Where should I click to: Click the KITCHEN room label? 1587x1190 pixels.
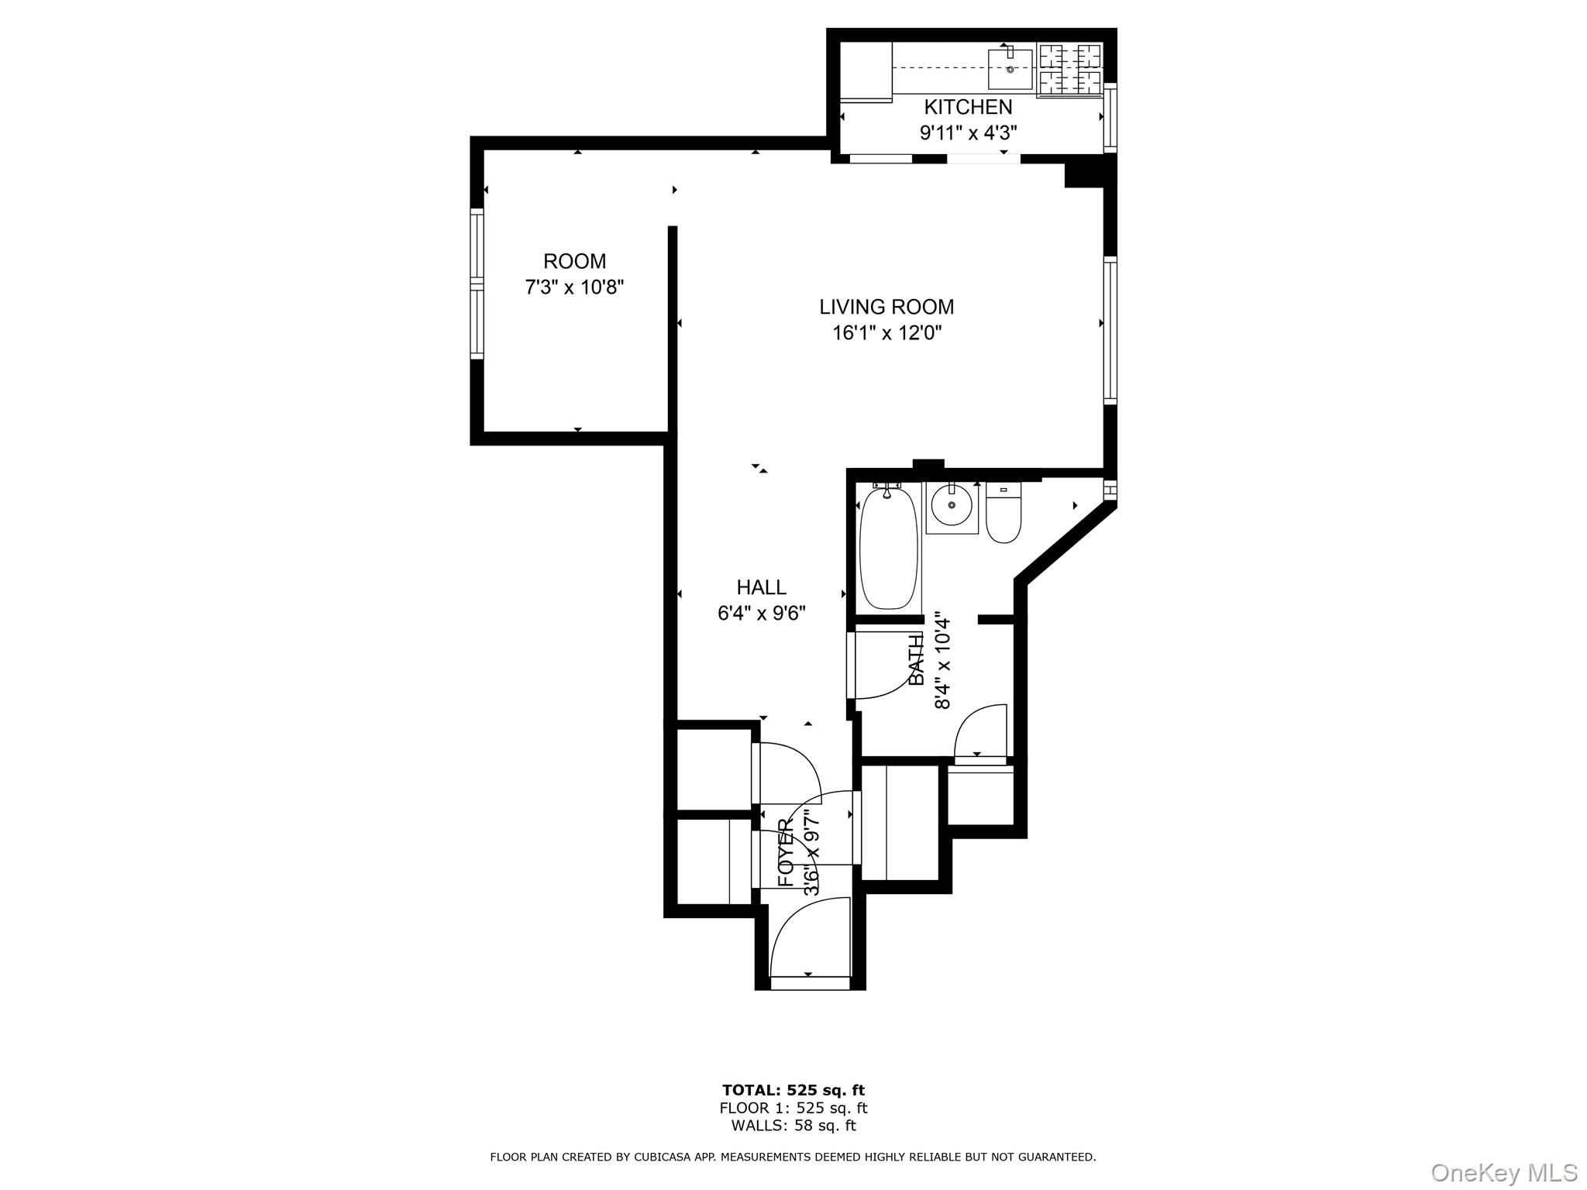click(968, 107)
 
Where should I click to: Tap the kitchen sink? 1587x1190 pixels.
click(1010, 68)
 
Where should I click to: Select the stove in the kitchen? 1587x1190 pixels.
click(1069, 70)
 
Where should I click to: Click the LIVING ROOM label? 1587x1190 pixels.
click(886, 307)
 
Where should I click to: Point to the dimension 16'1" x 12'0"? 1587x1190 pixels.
click(886, 333)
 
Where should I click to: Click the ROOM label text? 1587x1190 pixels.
click(574, 261)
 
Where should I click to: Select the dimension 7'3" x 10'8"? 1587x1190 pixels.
click(574, 287)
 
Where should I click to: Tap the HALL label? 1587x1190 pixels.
click(761, 587)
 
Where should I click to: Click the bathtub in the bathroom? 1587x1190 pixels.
click(889, 548)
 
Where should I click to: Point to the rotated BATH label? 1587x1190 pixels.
click(917, 659)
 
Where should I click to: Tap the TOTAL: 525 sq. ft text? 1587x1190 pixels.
click(793, 1091)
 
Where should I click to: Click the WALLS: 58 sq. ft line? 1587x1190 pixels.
click(793, 1126)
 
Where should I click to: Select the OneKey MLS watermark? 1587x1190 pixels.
click(1503, 1172)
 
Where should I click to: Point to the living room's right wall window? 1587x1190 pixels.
click(1110, 330)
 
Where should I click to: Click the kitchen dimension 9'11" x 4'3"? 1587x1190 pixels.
click(968, 133)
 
